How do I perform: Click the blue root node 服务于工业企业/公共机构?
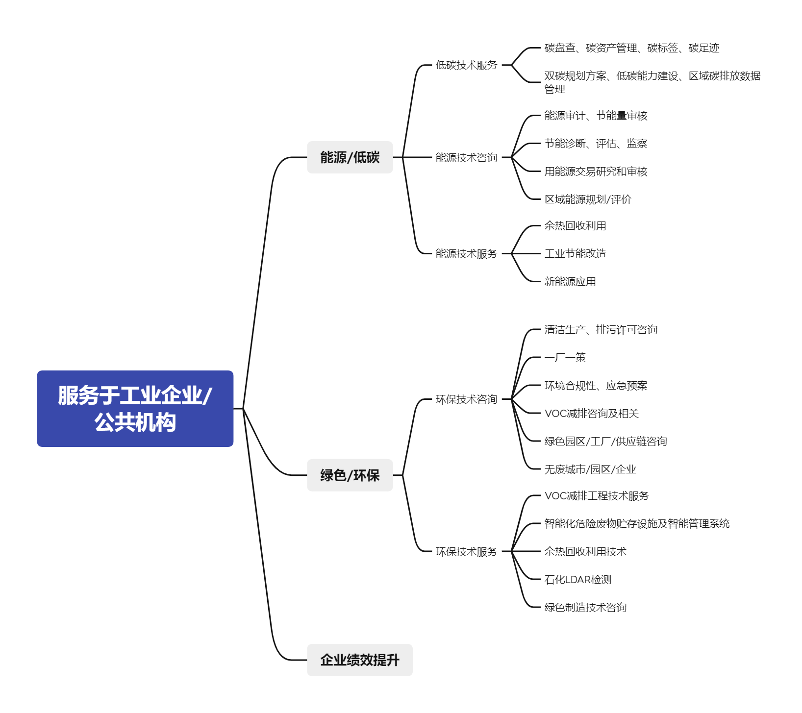pyautogui.click(x=135, y=408)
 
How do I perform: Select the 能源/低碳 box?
pyautogui.click(x=350, y=157)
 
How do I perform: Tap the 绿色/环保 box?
pyautogui.click(x=350, y=475)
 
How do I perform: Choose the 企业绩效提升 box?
pyautogui.click(x=359, y=660)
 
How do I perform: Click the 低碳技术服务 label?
pyautogui.click(x=466, y=65)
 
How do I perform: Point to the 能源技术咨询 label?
pyautogui.click(x=466, y=157)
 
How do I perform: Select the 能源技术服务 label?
pyautogui.click(x=466, y=253)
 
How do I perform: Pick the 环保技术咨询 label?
pyautogui.click(x=466, y=399)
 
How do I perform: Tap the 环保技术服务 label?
pyautogui.click(x=466, y=551)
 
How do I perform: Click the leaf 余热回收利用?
pyautogui.click(x=575, y=226)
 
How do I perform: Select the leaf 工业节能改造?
pyautogui.click(x=575, y=253)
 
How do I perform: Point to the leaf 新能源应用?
pyautogui.click(x=570, y=281)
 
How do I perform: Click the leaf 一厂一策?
pyautogui.click(x=565, y=357)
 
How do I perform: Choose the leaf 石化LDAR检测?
pyautogui.click(x=577, y=580)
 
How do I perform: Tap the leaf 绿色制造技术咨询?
pyautogui.click(x=585, y=607)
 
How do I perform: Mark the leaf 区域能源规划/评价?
pyautogui.click(x=588, y=199)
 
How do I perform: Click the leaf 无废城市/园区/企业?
pyautogui.click(x=590, y=469)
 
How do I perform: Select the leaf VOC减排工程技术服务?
pyautogui.click(x=596, y=496)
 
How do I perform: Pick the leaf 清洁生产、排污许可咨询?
pyautogui.click(x=601, y=330)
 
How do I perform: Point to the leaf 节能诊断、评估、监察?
pyautogui.click(x=596, y=144)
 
